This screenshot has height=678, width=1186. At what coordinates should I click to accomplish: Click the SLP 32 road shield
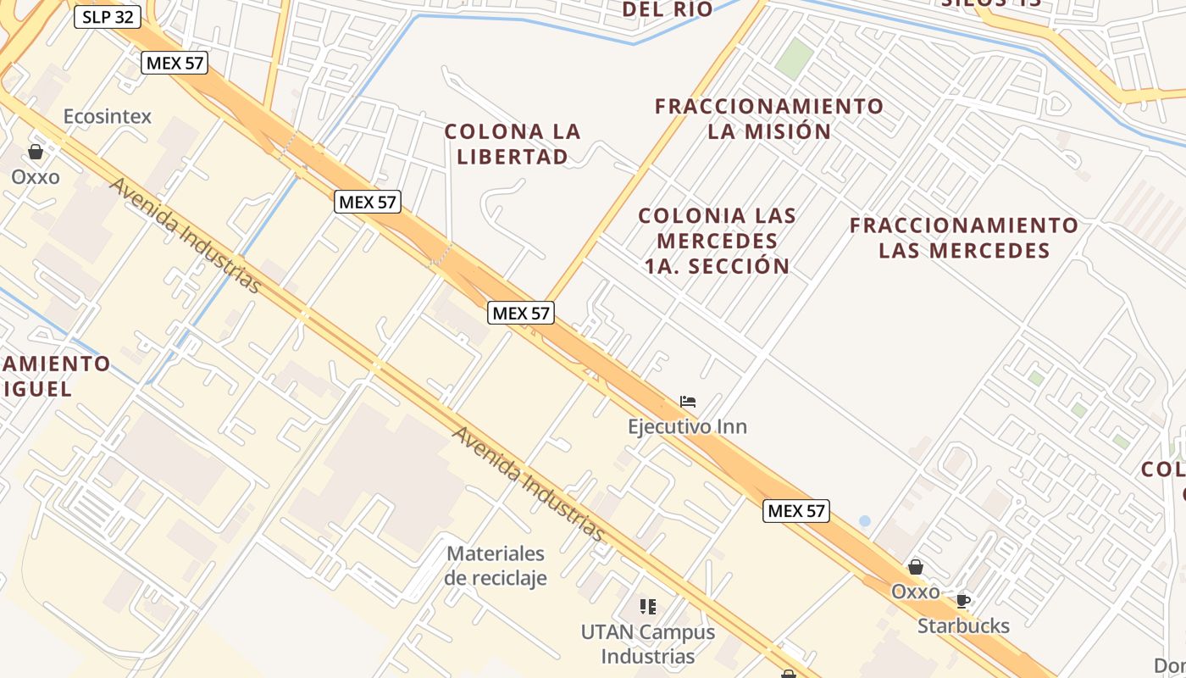108,17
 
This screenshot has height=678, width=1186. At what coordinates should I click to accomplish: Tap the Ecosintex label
108,116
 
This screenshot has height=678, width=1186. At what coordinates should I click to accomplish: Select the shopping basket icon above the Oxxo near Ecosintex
36,152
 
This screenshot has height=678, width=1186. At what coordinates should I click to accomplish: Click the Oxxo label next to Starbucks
915,591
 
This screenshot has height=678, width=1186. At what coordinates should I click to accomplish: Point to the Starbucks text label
963,625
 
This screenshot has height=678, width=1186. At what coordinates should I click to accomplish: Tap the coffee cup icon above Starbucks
963,601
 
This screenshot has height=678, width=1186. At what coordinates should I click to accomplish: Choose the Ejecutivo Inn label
687,425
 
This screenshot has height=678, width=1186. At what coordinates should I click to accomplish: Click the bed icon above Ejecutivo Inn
687,401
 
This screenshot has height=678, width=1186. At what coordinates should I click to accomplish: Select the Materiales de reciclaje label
496,565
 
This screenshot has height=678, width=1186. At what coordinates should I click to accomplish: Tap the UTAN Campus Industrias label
648,644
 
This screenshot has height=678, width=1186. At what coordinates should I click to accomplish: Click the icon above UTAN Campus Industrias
648,606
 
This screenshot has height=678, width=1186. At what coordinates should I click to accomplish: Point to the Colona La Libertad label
513,144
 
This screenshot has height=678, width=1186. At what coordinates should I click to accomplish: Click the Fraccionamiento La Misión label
769,119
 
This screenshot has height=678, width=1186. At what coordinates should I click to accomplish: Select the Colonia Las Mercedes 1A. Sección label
717,241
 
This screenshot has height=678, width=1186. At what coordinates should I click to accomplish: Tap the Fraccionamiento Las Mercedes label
964,237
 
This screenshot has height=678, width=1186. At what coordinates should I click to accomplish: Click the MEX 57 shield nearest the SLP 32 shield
175,63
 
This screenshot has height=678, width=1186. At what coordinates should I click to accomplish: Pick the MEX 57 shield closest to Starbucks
795,511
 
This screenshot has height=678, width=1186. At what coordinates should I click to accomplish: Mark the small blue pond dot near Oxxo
864,521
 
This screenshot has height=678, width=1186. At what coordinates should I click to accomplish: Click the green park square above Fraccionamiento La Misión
794,58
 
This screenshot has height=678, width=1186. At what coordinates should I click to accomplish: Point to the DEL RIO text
668,9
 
